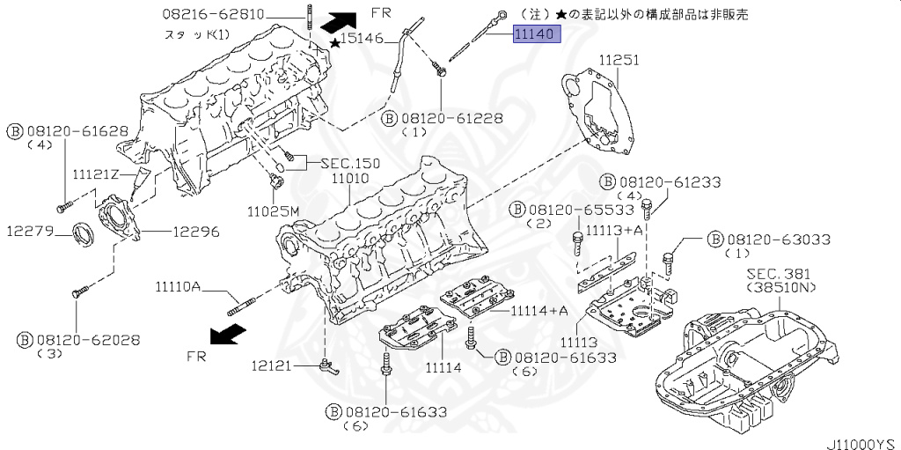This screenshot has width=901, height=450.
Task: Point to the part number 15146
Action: tap(363, 39)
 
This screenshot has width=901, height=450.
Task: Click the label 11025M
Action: tap(273, 211)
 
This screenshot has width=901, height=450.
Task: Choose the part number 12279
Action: tap(32, 232)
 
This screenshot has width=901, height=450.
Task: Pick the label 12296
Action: tap(194, 232)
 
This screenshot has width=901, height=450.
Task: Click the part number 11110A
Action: tap(179, 285)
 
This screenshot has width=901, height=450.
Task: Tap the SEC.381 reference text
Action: tap(778, 274)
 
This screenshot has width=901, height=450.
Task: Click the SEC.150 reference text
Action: tap(350, 163)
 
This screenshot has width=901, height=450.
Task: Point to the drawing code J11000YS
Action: tap(861, 442)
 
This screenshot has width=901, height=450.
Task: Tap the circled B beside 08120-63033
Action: tap(714, 239)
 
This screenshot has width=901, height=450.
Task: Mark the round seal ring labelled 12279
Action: tap(85, 234)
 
